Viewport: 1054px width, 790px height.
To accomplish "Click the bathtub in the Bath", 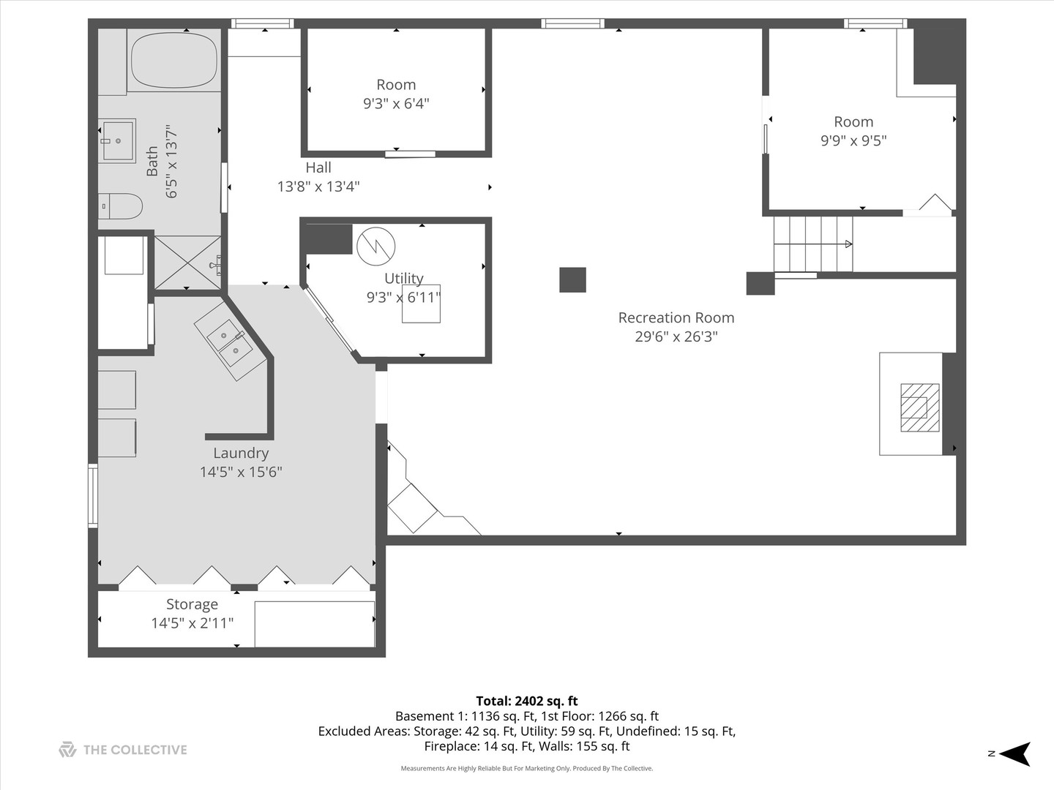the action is (173, 60).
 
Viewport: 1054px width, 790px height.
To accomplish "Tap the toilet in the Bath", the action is (121, 206).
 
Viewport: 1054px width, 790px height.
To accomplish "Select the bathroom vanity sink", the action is (117, 141).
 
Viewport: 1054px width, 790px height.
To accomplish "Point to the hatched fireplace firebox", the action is (919, 407).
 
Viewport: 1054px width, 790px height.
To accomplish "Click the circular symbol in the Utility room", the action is (376, 247).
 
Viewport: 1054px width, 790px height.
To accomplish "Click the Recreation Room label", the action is (676, 317).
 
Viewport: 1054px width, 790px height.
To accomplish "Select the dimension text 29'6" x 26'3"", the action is (676, 336).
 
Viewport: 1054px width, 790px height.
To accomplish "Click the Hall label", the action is (318, 168).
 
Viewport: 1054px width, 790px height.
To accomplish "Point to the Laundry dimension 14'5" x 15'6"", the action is (241, 472).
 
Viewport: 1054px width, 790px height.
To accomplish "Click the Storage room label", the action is (192, 604).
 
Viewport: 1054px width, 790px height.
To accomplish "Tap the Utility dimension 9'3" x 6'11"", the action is (403, 298).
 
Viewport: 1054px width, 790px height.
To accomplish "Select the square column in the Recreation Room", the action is (572, 279).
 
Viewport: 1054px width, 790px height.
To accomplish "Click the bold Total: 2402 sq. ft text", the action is (527, 701).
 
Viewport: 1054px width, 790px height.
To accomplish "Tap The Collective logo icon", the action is (67, 750).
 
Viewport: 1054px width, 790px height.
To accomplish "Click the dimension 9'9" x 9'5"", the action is (853, 140).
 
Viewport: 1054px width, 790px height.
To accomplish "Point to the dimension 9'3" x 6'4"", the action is (396, 103).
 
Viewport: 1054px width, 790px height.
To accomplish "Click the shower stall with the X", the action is (187, 263).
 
